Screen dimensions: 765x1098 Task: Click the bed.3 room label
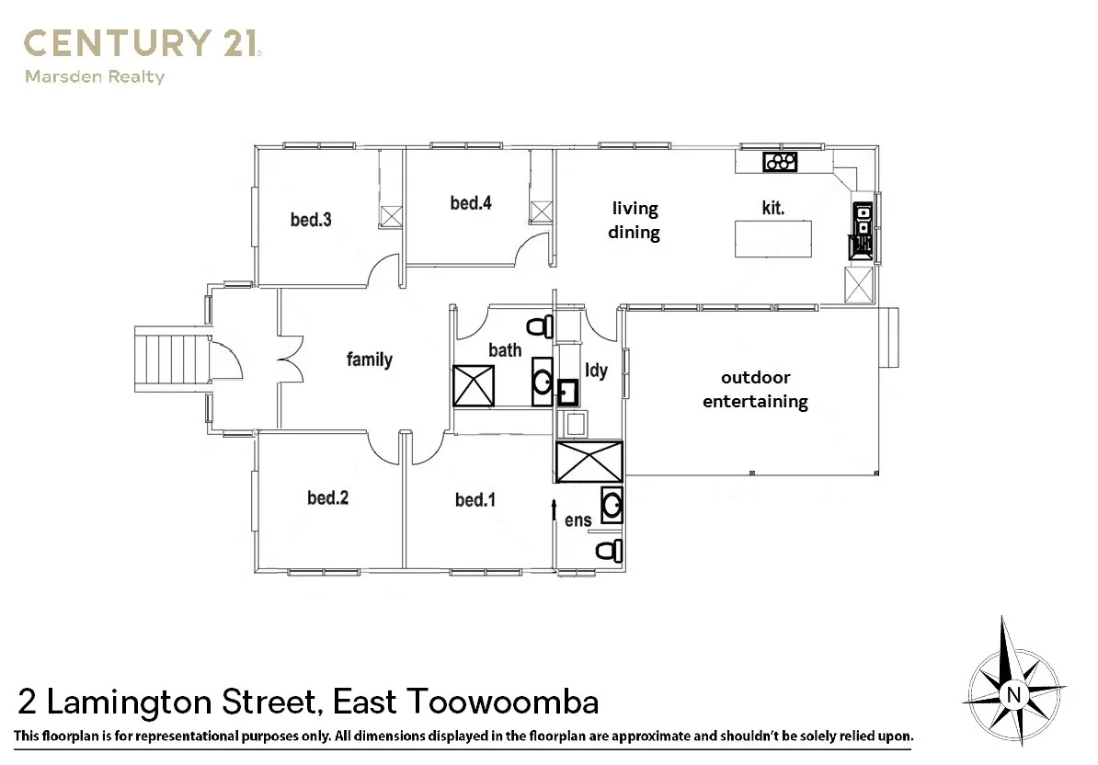(x=310, y=220)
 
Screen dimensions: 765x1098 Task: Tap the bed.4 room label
(x=470, y=203)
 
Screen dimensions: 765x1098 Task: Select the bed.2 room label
(x=327, y=498)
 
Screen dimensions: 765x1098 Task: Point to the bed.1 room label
(x=475, y=500)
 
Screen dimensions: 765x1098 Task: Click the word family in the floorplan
(x=369, y=360)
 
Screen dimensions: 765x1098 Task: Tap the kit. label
(x=772, y=208)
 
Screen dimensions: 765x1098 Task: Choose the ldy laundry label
(x=597, y=371)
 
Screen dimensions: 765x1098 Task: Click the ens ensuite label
(x=578, y=520)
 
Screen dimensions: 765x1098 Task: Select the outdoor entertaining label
(x=755, y=390)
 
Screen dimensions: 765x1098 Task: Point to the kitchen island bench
(x=772, y=240)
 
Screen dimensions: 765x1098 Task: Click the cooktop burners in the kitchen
(x=780, y=163)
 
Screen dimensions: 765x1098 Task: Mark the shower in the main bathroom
(x=474, y=385)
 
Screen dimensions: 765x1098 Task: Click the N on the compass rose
(x=1012, y=694)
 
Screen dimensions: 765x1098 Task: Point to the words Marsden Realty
(x=94, y=77)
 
